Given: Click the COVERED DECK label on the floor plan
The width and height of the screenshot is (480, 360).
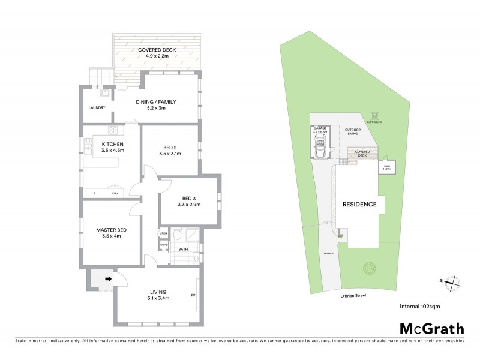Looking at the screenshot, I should (157, 50).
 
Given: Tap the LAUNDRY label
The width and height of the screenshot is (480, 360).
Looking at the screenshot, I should (97, 108).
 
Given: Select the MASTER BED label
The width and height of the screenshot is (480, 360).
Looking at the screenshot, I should (113, 229).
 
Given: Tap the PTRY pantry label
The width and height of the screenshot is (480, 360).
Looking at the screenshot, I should (113, 194).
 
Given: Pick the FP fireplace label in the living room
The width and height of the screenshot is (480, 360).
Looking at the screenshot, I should (193, 296).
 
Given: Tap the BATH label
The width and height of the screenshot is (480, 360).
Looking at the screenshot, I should (184, 249).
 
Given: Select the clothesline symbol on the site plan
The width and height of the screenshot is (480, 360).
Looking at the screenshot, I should (375, 115).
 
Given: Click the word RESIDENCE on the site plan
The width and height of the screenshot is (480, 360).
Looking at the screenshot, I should (359, 205).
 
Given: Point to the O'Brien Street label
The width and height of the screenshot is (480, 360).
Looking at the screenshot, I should (349, 296).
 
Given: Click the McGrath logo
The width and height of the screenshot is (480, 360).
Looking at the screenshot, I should (431, 328).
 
